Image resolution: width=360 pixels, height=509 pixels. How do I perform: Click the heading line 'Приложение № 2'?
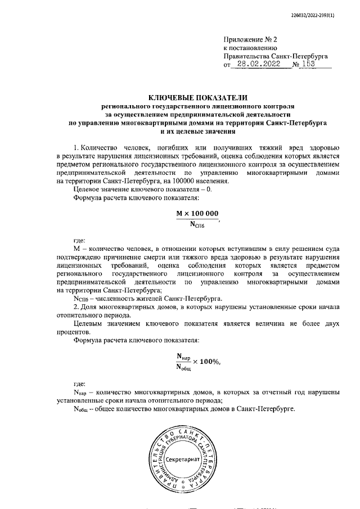point(250,40)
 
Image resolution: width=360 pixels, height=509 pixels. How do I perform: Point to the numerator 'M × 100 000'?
point(197,214)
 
